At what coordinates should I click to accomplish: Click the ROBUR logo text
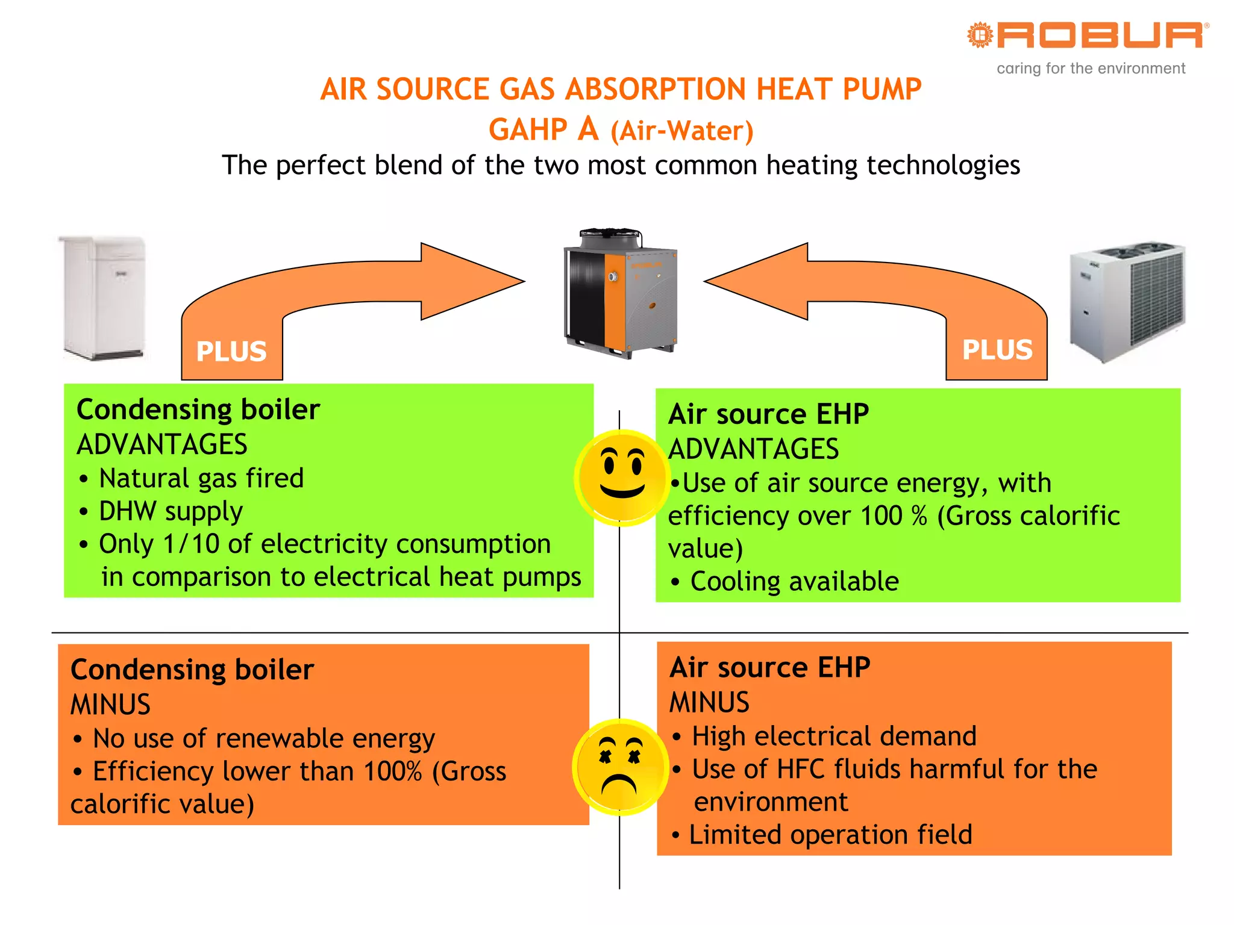point(1100,36)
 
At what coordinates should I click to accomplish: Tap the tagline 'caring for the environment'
point(1091,69)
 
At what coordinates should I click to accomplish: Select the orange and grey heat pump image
point(621,293)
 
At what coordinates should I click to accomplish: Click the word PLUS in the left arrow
point(231,351)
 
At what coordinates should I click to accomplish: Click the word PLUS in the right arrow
point(997,350)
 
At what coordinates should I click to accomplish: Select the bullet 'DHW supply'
point(171,511)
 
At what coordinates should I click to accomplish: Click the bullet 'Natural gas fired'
point(201,479)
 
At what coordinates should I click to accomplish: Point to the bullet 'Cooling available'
point(794,582)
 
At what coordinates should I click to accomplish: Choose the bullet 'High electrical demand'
point(833,737)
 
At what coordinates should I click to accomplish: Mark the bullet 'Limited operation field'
point(830,835)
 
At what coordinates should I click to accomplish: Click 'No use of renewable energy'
point(263,739)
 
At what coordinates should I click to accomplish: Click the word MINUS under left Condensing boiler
point(110,705)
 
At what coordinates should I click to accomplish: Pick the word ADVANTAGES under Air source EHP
point(753,449)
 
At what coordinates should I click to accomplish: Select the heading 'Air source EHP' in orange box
point(769,667)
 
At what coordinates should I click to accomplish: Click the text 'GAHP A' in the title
point(543,129)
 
